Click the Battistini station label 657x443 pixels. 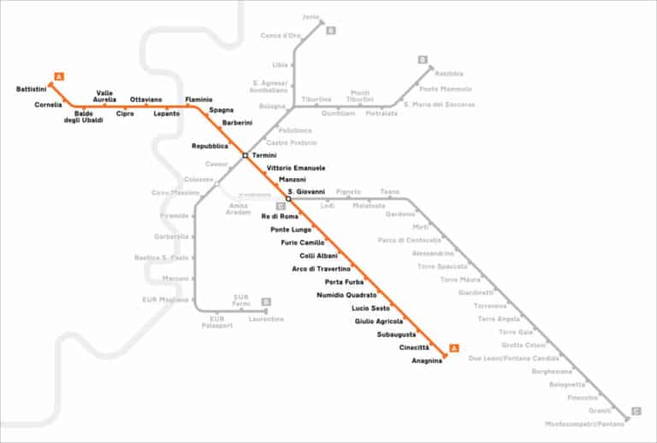pyautogui.click(x=32, y=89)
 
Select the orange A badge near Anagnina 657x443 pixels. pyautogui.click(x=453, y=347)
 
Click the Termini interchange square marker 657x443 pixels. pyautogui.click(x=246, y=155)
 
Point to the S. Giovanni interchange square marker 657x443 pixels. pyautogui.click(x=288, y=199)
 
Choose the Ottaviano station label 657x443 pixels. pyautogui.click(x=145, y=99)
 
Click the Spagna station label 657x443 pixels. pyautogui.click(x=221, y=110)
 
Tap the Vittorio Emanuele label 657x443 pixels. pyautogui.click(x=296, y=168)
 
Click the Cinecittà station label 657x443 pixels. pyautogui.click(x=414, y=347)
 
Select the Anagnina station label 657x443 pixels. pyautogui.click(x=427, y=360)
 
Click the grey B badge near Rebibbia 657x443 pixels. pyautogui.click(x=423, y=59)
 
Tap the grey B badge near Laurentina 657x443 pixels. pyautogui.click(x=266, y=302)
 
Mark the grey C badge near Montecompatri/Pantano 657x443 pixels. pyautogui.click(x=635, y=411)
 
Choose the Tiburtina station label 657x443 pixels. pyautogui.click(x=317, y=99)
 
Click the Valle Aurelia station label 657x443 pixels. pyautogui.click(x=106, y=96)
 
